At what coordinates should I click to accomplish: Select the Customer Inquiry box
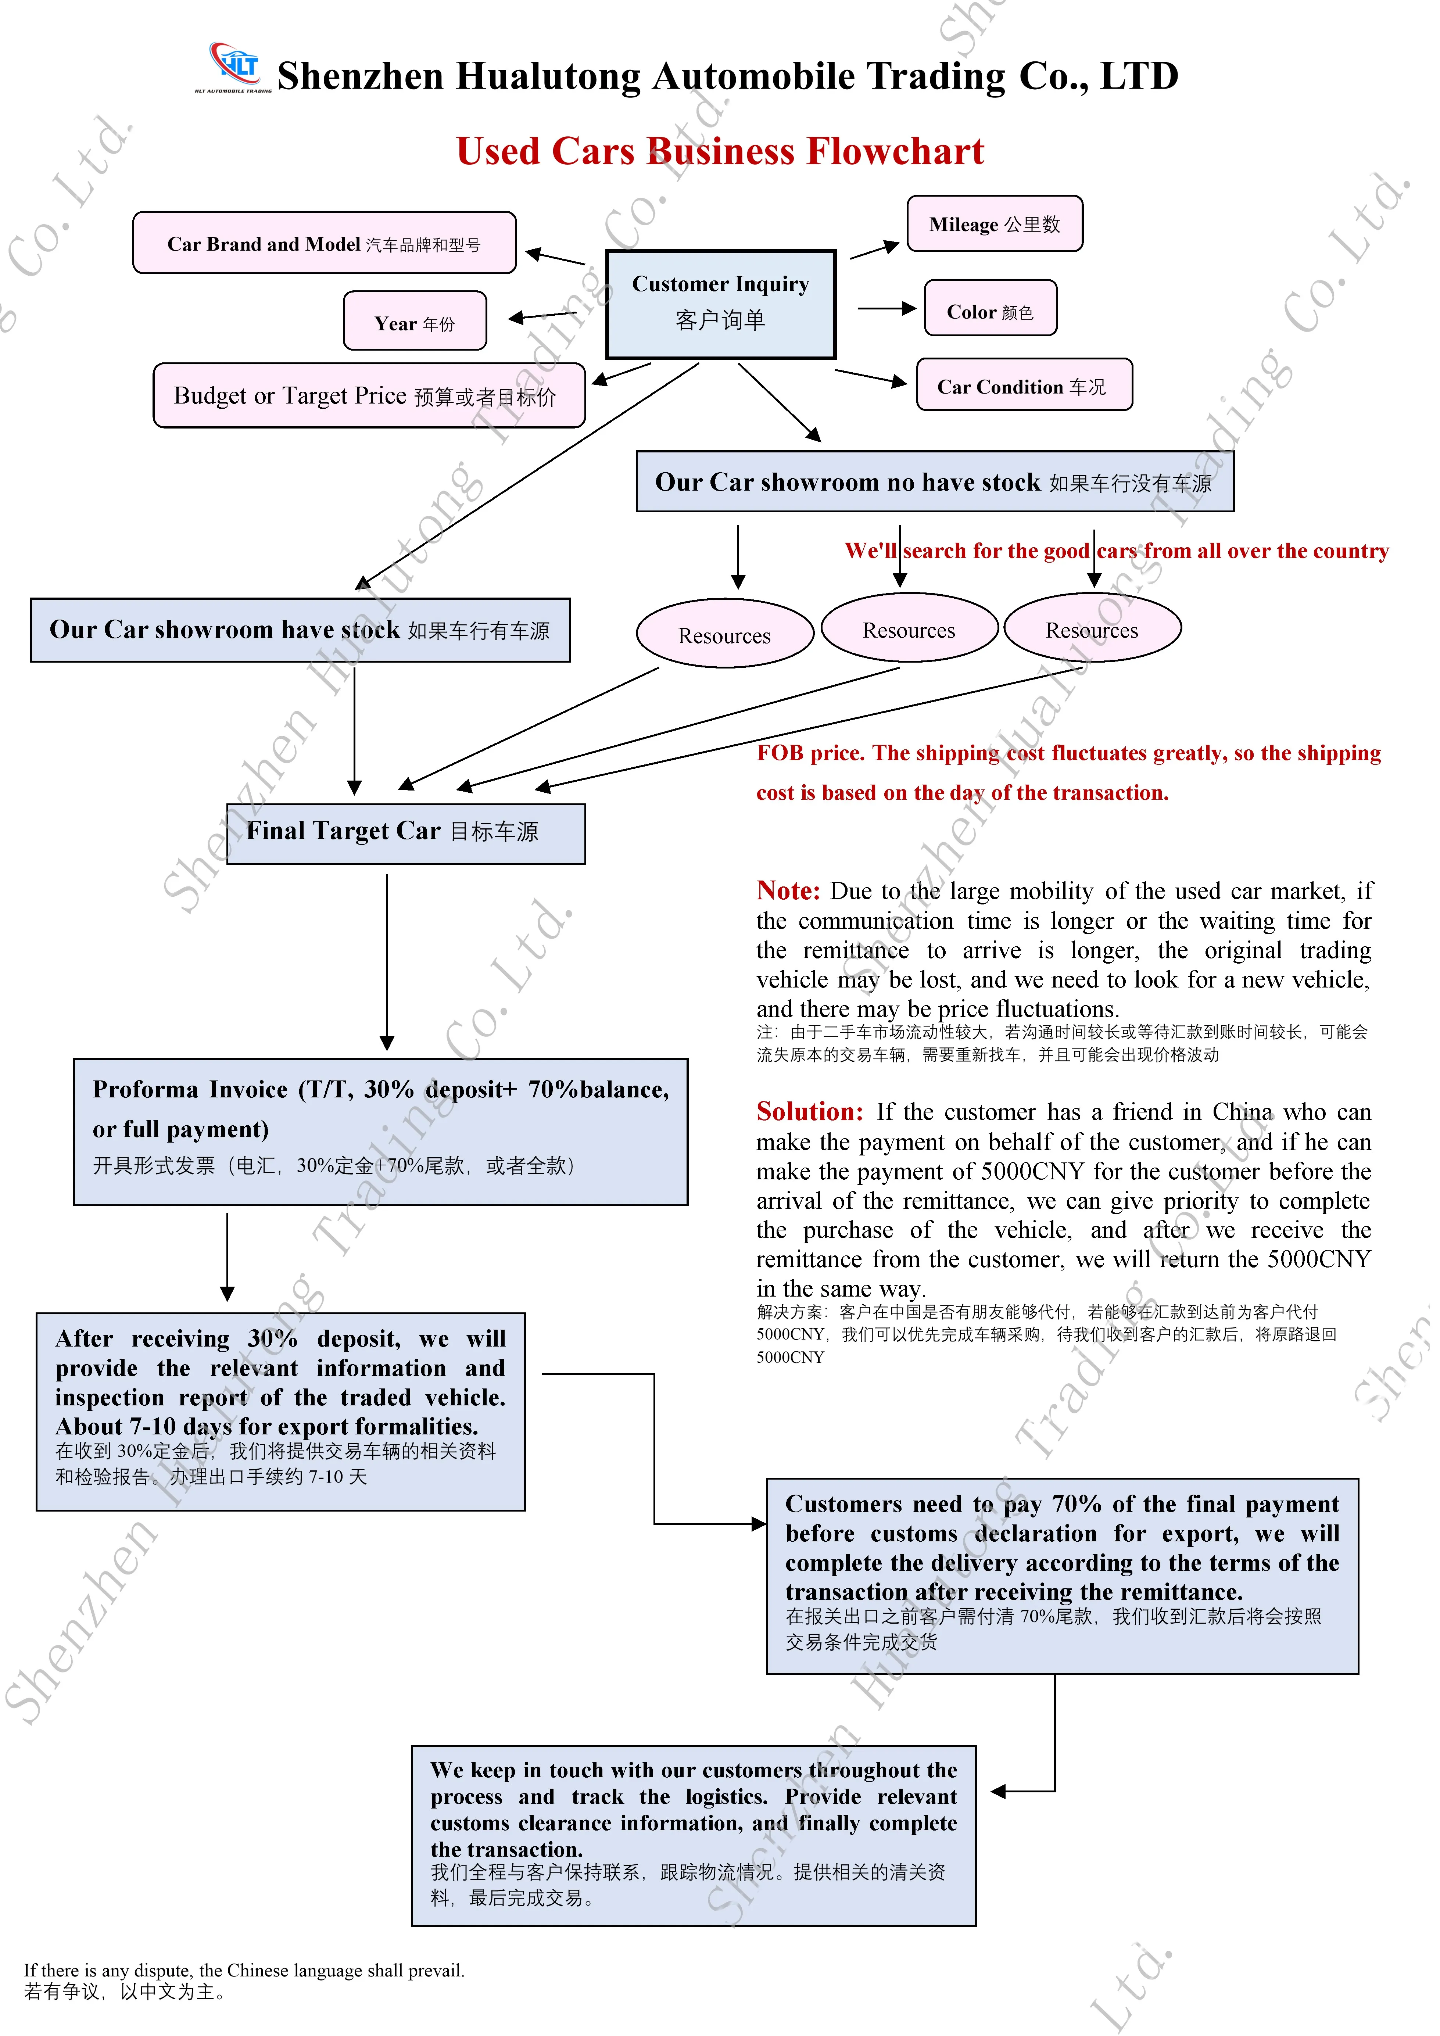click(720, 303)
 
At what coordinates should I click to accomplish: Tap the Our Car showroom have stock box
click(300, 630)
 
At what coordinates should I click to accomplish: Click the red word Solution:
click(809, 1111)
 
